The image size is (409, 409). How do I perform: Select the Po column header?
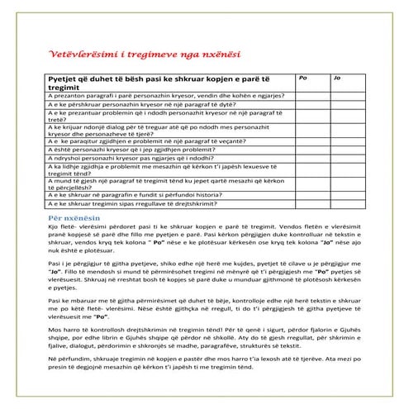tap(303, 77)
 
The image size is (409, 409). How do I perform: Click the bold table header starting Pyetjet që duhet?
tap(165, 81)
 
